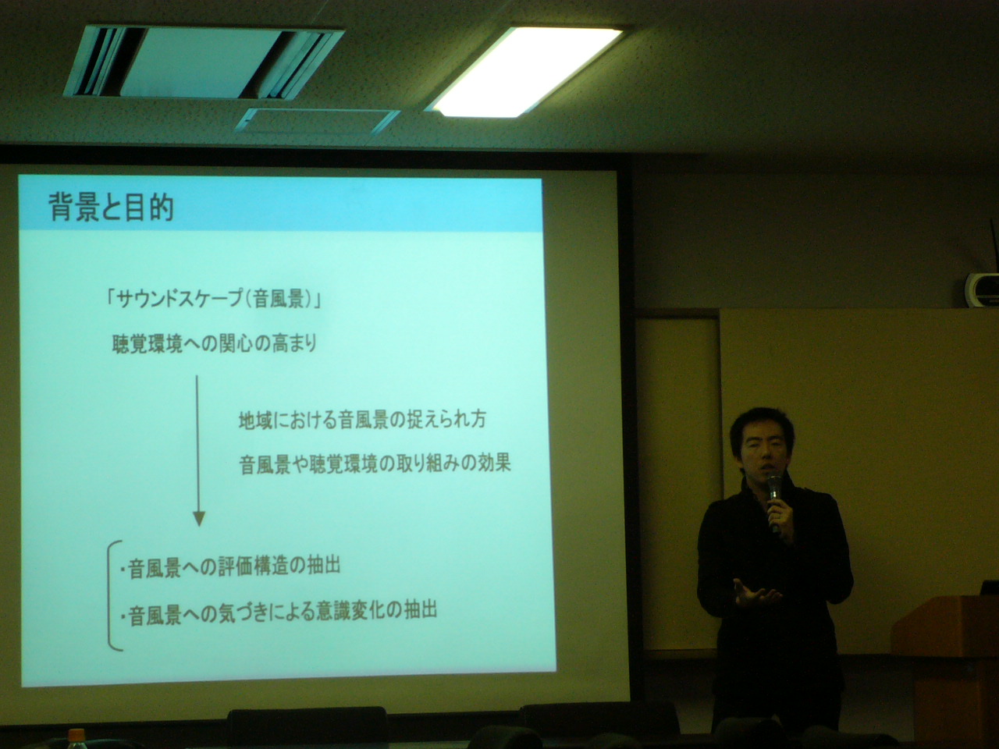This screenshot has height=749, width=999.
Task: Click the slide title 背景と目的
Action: [x=112, y=208]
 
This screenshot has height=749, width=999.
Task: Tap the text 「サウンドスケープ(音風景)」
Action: [x=213, y=300]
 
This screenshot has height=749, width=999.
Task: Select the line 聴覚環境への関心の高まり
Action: [x=215, y=344]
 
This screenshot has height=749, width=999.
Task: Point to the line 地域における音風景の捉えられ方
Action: [x=363, y=420]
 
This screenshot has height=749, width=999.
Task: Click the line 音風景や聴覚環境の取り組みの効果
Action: [x=375, y=464]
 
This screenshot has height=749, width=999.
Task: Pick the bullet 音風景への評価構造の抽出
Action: [x=231, y=568]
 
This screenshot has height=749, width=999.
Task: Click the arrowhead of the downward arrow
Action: [x=199, y=518]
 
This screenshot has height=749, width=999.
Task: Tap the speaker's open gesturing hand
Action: [x=755, y=595]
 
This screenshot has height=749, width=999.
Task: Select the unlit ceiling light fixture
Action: [x=204, y=62]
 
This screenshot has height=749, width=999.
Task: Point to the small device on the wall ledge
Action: [x=982, y=290]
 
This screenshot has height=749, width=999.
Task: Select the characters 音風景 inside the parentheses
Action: [x=279, y=300]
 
